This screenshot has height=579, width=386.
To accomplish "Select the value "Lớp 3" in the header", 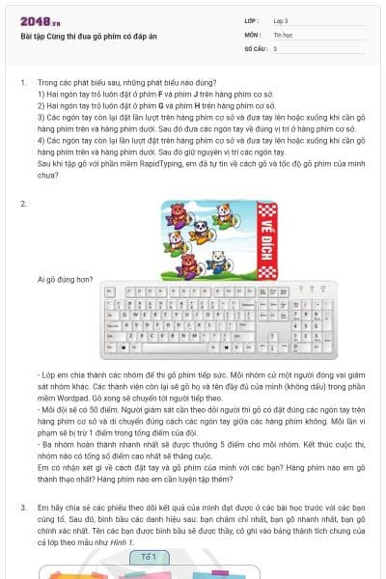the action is point(282,20).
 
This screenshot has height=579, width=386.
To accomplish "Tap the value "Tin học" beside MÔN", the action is point(282,34).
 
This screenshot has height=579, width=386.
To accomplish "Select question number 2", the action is point(22,205).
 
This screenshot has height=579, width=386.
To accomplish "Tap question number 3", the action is point(22,507).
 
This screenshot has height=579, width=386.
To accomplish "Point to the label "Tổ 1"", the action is point(149,557).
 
